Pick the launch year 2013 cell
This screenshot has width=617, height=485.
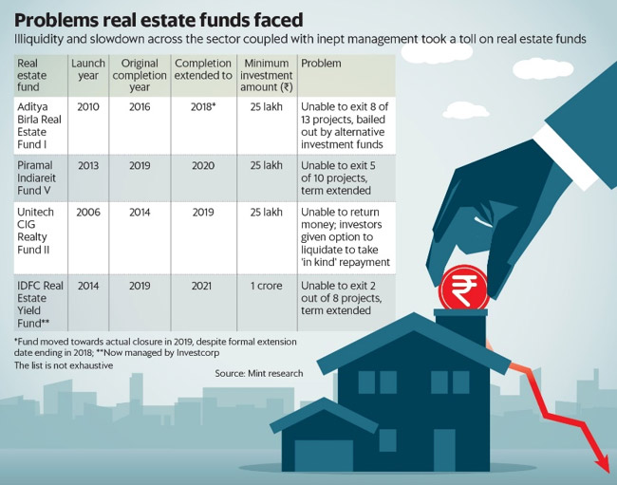(87, 165)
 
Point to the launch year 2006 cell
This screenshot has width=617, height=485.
(87, 215)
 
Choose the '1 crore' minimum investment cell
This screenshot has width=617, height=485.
(266, 284)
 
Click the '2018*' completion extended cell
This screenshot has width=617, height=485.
(203, 108)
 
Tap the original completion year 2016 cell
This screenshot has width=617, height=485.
(139, 108)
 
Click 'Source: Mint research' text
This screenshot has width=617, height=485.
(258, 374)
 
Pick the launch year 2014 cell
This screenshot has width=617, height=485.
(87, 284)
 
